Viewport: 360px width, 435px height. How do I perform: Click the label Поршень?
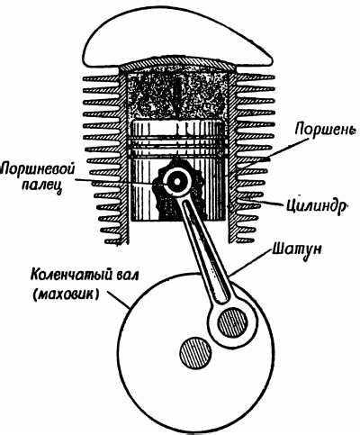coord(326,130)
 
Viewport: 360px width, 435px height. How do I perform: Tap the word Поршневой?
coord(39,168)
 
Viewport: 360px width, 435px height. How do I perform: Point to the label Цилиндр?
coord(316,206)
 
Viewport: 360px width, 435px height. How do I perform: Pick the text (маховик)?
coord(65,294)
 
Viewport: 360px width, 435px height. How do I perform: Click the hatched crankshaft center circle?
coord(195,352)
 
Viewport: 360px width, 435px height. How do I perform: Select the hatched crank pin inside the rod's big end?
coord(233,322)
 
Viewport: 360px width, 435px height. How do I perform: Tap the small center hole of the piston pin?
coord(176,182)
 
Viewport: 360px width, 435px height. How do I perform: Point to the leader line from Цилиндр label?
coord(262,202)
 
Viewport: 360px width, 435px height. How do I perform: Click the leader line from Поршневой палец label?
coord(121,182)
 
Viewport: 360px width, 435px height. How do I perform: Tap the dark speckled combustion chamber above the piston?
coord(178,95)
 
